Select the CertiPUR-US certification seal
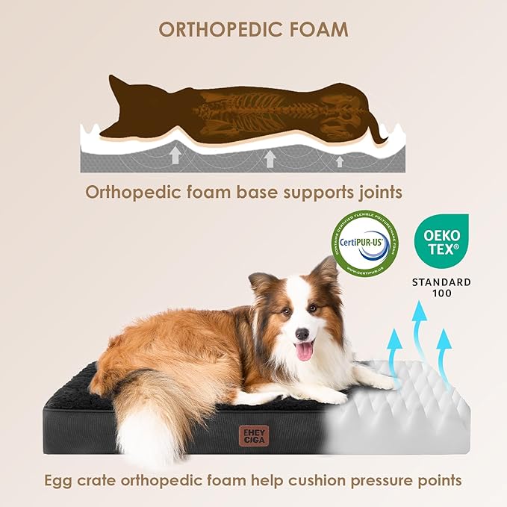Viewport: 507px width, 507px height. pyautogui.click(x=364, y=242)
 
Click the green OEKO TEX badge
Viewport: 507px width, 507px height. pyautogui.click(x=442, y=242)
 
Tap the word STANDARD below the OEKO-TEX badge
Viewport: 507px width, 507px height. pyautogui.click(x=443, y=282)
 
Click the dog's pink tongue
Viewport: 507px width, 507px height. pyautogui.click(x=304, y=350)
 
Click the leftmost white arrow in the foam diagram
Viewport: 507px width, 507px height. pyautogui.click(x=175, y=154)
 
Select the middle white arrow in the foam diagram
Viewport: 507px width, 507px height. pyautogui.click(x=270, y=158)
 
